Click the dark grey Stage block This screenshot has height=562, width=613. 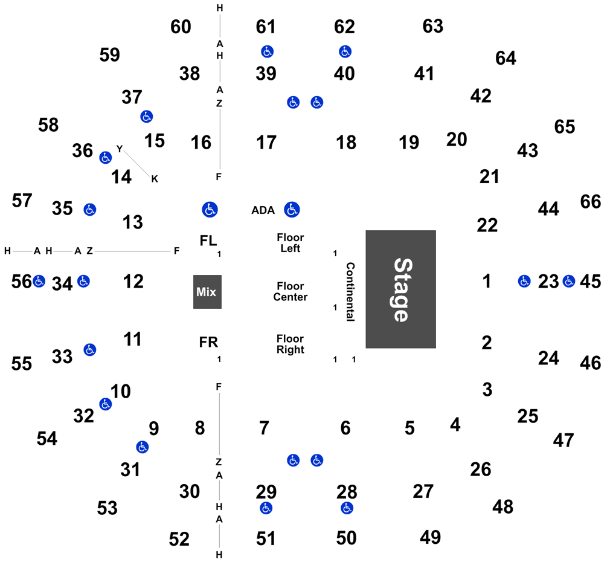[x=401, y=289]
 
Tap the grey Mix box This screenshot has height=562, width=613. [x=207, y=292]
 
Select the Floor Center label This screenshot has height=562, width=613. [x=290, y=292]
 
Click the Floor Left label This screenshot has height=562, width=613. [x=290, y=243]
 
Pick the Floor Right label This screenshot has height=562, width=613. [x=290, y=344]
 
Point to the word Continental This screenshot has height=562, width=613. [x=350, y=292]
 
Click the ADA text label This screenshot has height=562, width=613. [x=263, y=210]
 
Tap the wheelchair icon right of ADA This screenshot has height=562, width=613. [x=292, y=210]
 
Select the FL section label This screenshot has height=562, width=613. [x=208, y=241]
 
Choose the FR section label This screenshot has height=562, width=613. [x=208, y=342]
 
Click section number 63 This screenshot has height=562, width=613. [x=433, y=26]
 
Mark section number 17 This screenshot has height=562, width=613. [x=266, y=143]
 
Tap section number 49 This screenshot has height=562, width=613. [x=431, y=537]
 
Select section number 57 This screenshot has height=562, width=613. [x=22, y=201]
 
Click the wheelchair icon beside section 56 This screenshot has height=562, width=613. [x=39, y=281]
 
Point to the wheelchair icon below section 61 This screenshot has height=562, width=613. [x=267, y=51]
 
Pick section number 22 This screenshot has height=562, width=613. [x=487, y=225]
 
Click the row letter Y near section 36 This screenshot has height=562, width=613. [x=120, y=149]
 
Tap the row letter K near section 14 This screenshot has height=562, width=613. [x=155, y=179]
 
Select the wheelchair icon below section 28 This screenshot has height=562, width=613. [x=347, y=508]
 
